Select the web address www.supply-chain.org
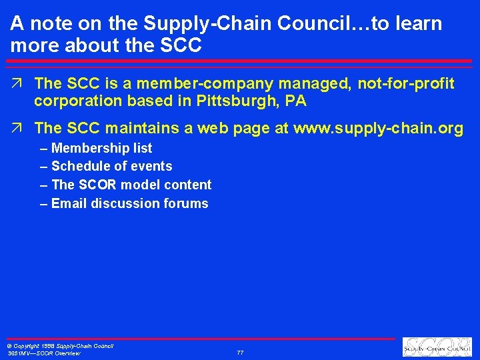pyautogui.click(x=378, y=129)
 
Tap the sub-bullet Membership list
pyautogui.click(x=101, y=148)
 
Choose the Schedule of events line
pyautogui.click(x=111, y=166)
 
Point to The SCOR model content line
pyautogui.click(x=131, y=185)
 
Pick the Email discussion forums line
pyautogui.click(x=129, y=203)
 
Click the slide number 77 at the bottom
pyautogui.click(x=240, y=352)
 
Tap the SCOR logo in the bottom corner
pyautogui.click(x=437, y=347)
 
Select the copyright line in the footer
pyautogui.click(x=60, y=346)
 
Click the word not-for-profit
pyautogui.click(x=406, y=83)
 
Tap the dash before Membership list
pyautogui.click(x=44, y=148)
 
